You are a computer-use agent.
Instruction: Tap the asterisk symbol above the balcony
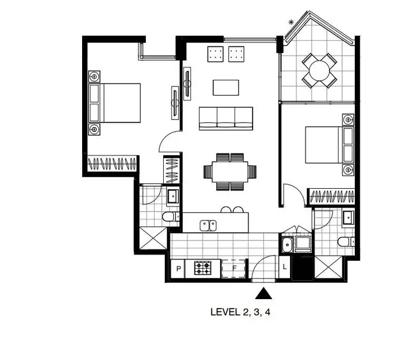tap(291, 22)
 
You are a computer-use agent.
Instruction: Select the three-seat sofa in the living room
tap(226, 117)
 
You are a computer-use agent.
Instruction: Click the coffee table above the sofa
tap(226, 88)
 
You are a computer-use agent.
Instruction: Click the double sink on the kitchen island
tap(209, 225)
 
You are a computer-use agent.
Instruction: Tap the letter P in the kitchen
tap(179, 269)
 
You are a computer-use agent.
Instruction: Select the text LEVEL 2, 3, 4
tap(241, 312)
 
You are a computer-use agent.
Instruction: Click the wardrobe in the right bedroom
tap(332, 196)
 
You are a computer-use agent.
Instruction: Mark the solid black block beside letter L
tap(302, 268)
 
